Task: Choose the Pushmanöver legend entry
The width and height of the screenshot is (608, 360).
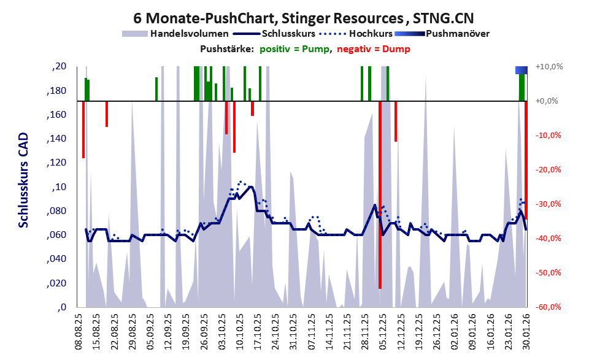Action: (456, 34)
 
